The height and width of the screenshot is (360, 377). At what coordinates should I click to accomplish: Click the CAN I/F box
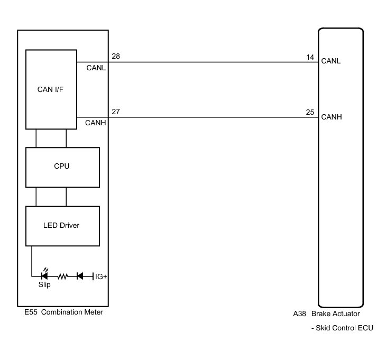[51, 89]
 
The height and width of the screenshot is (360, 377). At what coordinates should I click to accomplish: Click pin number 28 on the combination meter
[115, 56]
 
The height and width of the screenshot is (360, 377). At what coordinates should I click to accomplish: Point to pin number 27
[115, 112]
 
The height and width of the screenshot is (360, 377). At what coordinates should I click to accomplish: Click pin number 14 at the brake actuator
[310, 56]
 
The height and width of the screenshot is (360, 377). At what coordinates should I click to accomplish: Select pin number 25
[310, 112]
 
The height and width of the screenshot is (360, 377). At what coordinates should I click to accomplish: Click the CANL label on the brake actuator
[331, 61]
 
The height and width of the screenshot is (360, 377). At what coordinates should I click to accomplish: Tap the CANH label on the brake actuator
[332, 117]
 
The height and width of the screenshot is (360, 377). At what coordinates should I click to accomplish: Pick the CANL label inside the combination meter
[96, 67]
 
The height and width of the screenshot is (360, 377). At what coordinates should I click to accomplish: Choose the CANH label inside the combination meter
[96, 123]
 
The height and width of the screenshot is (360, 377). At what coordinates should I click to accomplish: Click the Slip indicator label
[44, 285]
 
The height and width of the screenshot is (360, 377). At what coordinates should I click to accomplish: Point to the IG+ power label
[100, 276]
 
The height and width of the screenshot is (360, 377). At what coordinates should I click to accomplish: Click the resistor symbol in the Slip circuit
[63, 276]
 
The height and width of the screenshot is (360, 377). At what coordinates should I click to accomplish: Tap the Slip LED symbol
[45, 275]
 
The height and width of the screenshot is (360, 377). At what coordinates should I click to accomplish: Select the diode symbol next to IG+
[80, 276]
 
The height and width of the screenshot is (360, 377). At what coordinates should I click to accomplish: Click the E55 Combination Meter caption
[63, 312]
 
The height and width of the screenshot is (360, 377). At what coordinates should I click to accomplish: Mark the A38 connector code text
[299, 313]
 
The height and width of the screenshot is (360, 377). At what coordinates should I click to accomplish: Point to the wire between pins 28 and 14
[212, 62]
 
